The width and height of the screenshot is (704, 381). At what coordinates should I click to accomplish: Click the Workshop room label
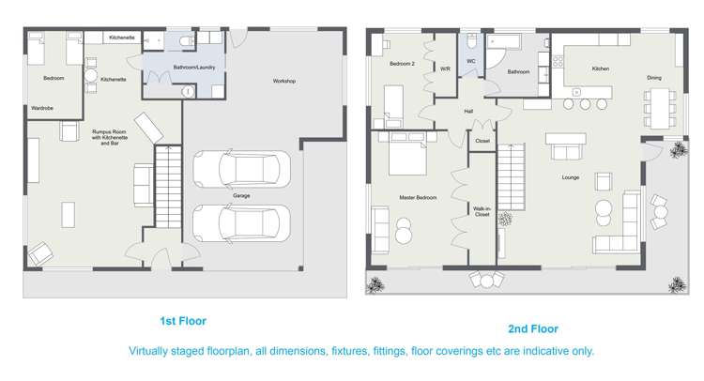[x=284, y=82]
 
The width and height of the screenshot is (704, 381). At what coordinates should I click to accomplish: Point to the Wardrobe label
[x=42, y=108]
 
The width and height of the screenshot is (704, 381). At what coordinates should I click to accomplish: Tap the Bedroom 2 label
[x=403, y=63]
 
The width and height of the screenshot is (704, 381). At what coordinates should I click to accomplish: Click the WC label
[x=471, y=61]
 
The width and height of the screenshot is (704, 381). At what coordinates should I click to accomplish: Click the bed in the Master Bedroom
[x=407, y=152]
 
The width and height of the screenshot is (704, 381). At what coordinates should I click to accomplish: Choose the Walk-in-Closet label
[x=482, y=210]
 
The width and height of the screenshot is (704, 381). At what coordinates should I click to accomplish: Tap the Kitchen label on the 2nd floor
[x=601, y=69]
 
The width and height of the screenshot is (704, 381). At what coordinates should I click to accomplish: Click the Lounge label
[x=570, y=176]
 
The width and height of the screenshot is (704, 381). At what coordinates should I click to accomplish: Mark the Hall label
[x=468, y=111]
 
